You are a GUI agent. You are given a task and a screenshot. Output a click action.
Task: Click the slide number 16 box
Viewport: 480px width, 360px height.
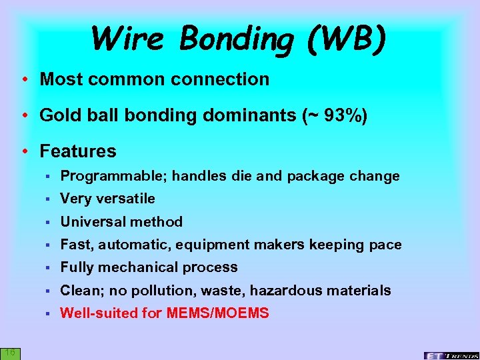tap(10, 353)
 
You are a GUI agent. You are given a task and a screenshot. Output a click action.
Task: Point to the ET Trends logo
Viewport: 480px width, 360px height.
tap(451, 355)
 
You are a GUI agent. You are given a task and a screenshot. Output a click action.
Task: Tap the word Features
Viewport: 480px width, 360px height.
tap(78, 151)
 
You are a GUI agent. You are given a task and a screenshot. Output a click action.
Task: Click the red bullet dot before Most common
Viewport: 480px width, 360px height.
tap(24, 79)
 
